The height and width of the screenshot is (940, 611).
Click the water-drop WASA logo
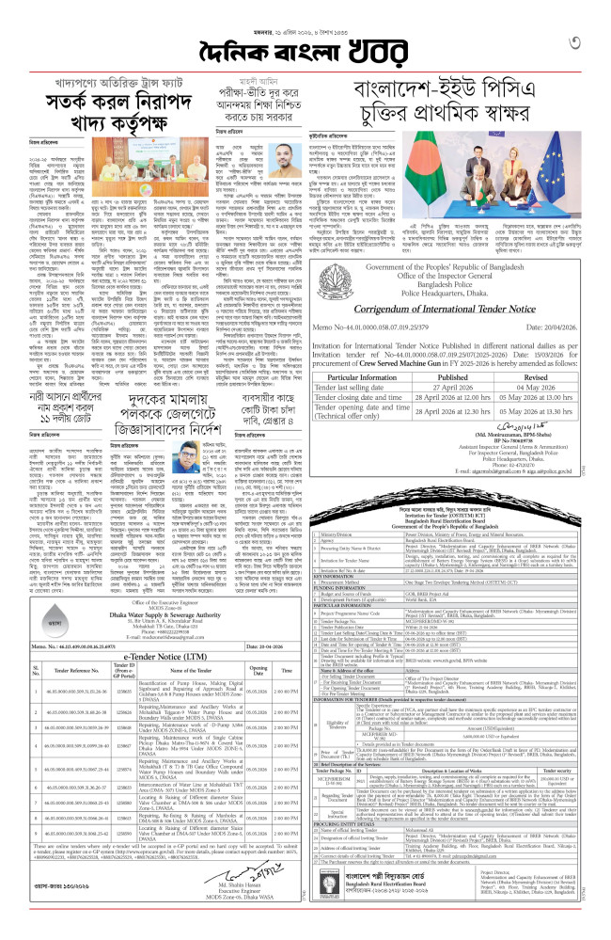(37, 623)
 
